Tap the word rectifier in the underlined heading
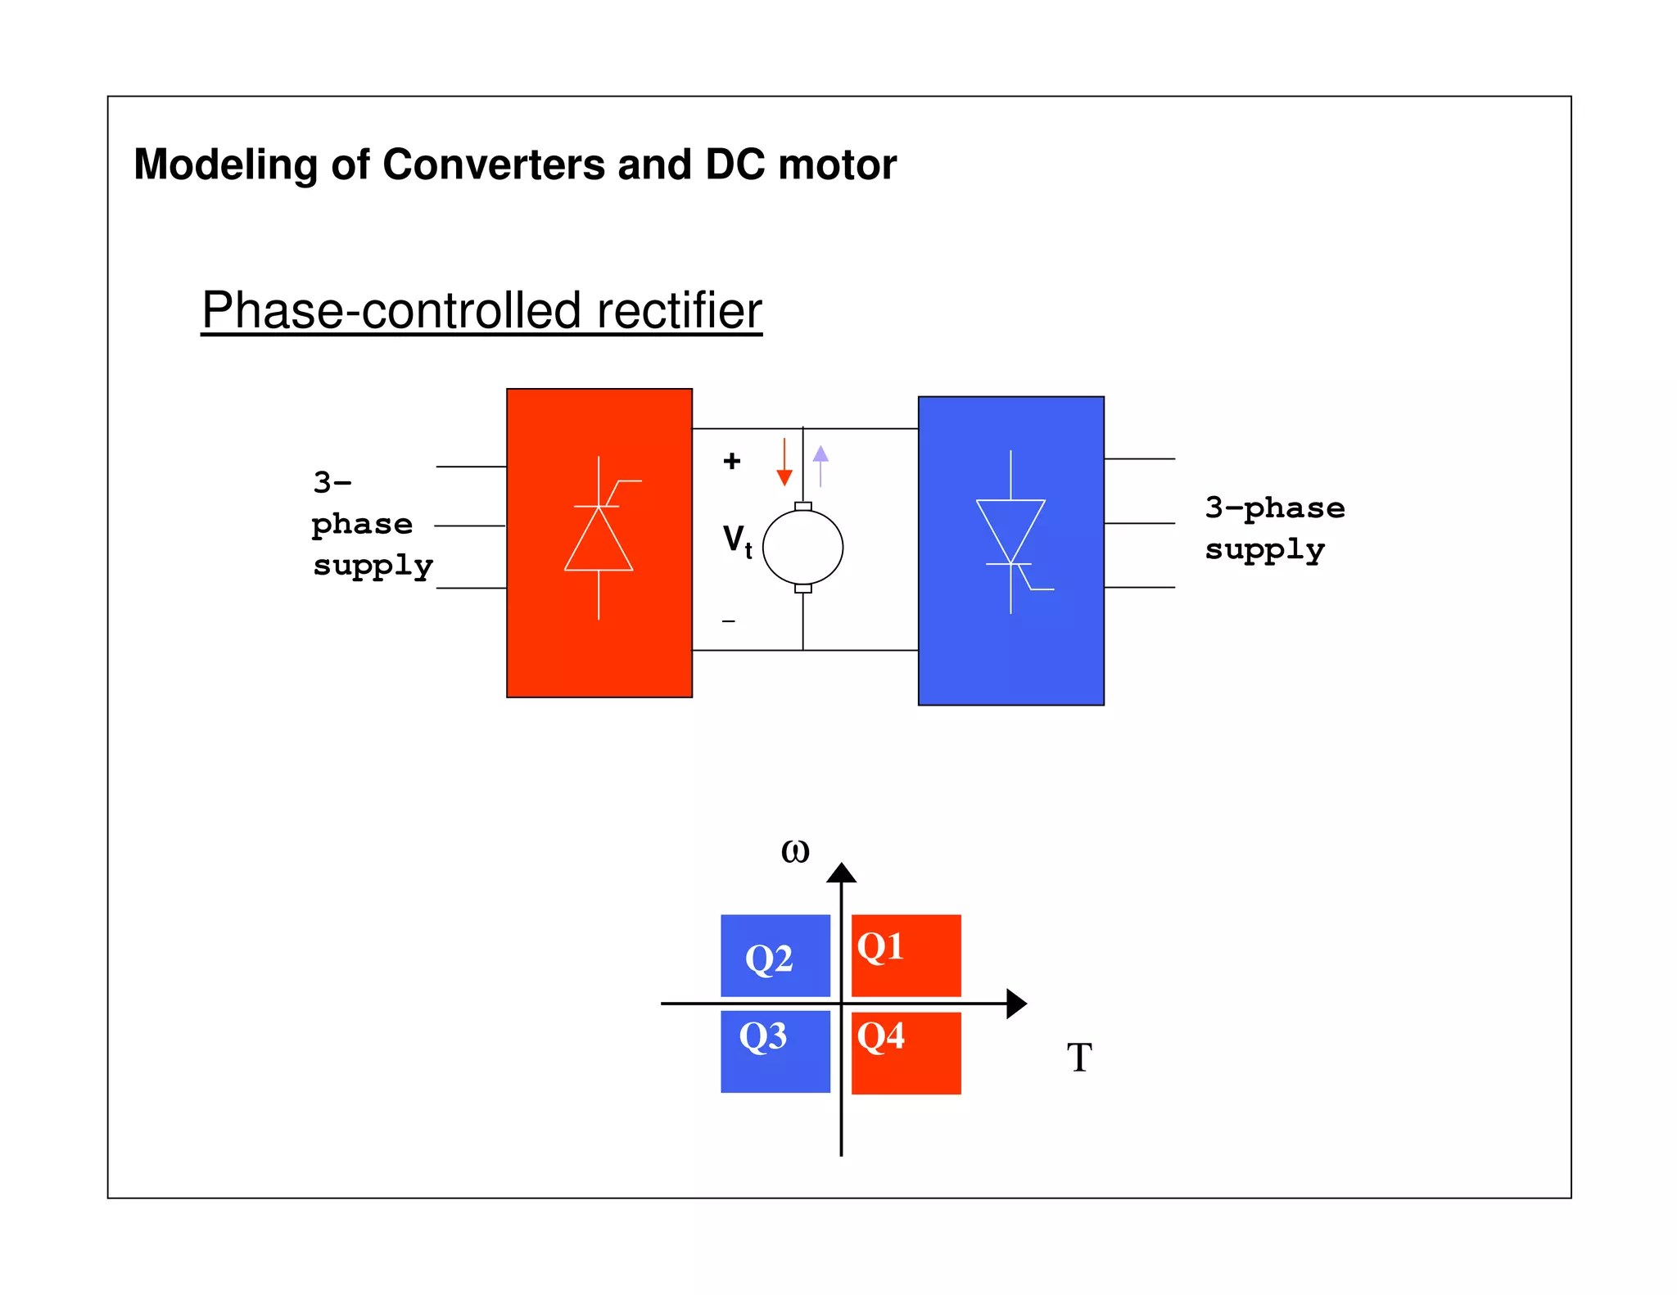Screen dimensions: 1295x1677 point(679,311)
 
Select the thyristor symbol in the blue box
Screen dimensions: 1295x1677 point(1011,532)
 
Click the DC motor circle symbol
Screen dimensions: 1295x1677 point(802,548)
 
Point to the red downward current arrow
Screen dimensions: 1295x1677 point(784,463)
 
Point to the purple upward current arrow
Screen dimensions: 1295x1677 point(820,465)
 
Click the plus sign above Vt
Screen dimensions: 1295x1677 point(732,461)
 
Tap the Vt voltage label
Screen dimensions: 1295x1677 point(737,541)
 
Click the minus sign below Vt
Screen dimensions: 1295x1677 point(729,621)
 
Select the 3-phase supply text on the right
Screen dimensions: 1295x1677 point(1274,528)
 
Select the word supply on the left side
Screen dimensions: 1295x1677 point(373,566)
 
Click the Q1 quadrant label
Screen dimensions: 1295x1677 point(880,947)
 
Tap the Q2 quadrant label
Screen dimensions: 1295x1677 point(769,959)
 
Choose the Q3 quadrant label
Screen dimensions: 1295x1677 point(762,1036)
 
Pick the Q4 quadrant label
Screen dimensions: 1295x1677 point(880,1036)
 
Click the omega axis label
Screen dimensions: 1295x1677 point(795,851)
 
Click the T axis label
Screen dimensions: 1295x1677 point(1079,1058)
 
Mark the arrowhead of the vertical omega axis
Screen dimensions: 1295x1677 point(841,873)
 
